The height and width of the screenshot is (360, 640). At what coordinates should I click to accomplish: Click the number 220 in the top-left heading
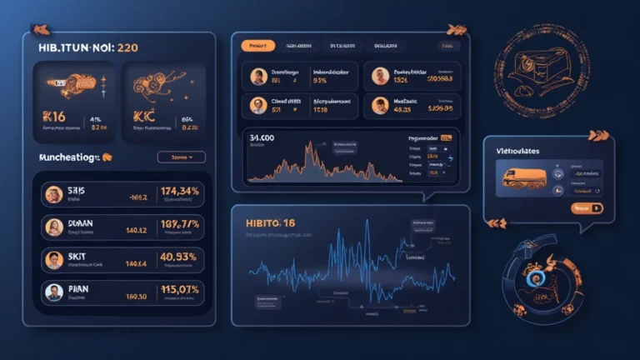127,48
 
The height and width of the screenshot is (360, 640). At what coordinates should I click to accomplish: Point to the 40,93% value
179,257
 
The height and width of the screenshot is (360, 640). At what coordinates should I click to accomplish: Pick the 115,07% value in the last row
179,290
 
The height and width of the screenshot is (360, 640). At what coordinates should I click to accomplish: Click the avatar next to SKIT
54,259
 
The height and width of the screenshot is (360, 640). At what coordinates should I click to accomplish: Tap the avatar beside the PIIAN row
54,292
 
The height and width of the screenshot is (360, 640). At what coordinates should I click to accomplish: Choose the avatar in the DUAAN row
54,227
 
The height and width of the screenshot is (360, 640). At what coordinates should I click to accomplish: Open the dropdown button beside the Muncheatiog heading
181,156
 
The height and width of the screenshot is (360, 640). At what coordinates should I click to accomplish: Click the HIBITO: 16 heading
272,222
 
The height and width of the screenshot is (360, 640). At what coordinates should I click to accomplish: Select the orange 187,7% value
180,224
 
